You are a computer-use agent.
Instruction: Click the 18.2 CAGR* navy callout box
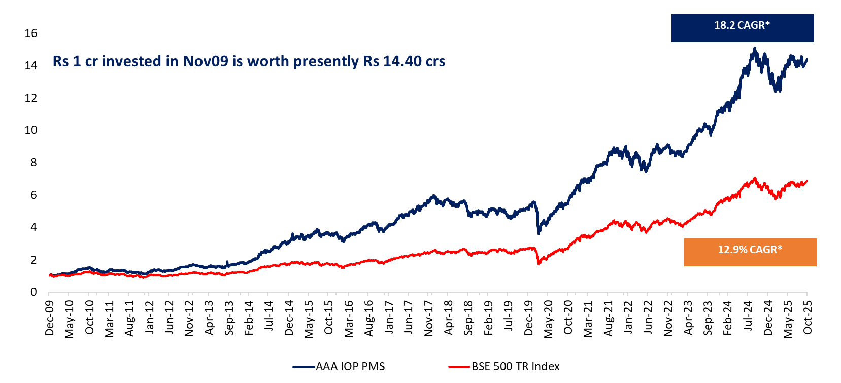[742, 28]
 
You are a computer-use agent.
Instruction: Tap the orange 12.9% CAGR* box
[750, 252]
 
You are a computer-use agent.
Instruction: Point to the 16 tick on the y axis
[31, 33]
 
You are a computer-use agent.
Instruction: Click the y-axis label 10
[31, 130]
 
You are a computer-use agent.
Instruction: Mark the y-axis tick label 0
[33, 292]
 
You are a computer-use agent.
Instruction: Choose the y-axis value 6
[33, 195]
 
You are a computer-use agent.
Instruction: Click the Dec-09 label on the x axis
[49, 318]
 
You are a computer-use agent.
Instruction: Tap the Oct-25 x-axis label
[808, 318]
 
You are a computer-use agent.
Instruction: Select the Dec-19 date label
[528, 318]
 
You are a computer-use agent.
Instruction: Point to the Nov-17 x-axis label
[429, 318]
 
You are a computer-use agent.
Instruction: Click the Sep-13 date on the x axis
[229, 318]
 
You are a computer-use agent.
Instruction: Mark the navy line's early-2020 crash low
[539, 233]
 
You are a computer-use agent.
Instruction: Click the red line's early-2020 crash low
[539, 264]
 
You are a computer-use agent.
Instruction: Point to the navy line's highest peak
[755, 49]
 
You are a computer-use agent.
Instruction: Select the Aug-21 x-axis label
[608, 318]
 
